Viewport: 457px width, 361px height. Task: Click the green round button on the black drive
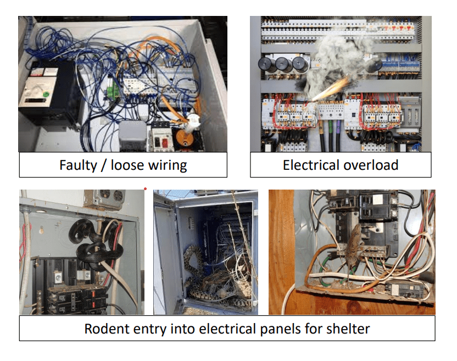point(46,93)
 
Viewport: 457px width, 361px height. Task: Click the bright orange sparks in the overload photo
point(333,88)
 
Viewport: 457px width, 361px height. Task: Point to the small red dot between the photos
point(145,188)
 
